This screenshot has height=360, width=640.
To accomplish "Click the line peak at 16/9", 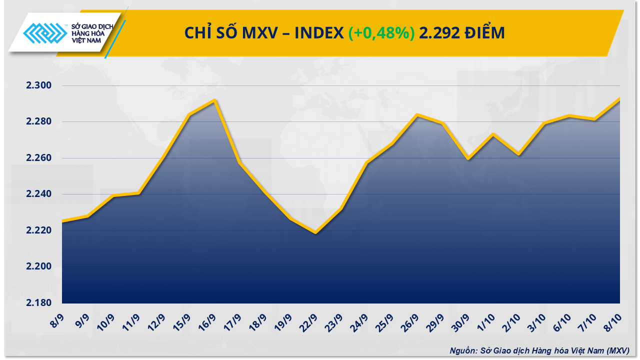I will [214, 100].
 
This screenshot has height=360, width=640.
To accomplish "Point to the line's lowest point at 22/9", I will [315, 232].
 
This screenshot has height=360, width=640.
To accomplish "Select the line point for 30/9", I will [467, 159].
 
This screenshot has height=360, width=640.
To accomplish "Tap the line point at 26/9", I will [417, 115].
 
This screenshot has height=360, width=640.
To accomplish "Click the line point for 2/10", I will [518, 154].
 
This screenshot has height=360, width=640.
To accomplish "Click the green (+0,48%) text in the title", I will [381, 33].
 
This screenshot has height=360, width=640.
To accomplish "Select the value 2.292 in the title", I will [437, 33].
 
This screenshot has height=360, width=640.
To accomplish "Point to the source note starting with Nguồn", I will [539, 350].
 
